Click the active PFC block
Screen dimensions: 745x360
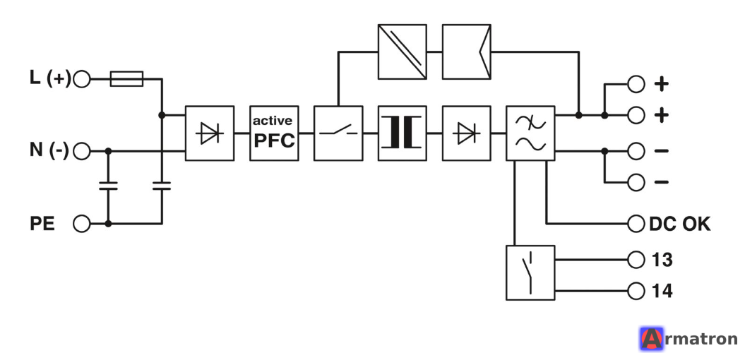(x=274, y=133)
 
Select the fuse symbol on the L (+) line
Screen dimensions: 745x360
(x=126, y=79)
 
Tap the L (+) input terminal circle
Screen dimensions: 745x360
(x=82, y=79)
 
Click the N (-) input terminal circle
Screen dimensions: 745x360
(x=82, y=151)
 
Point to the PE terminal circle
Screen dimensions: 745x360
(x=82, y=223)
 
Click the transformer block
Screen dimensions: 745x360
(x=402, y=133)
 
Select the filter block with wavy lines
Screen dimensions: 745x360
(x=530, y=133)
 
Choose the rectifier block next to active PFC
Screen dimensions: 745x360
(x=210, y=133)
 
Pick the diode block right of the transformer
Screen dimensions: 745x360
(x=466, y=133)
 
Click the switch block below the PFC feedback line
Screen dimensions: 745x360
(x=338, y=133)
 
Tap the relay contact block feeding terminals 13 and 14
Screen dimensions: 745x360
(x=530, y=272)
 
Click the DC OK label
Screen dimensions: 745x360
(x=679, y=224)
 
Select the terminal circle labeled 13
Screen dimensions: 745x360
(x=636, y=260)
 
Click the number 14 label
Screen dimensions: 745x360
(x=662, y=291)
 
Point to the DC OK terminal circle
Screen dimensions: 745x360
(x=636, y=223)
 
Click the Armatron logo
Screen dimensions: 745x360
(x=689, y=339)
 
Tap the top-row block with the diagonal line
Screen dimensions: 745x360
(x=402, y=52)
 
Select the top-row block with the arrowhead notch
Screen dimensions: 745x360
(x=466, y=52)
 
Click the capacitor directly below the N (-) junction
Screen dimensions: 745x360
(x=108, y=186)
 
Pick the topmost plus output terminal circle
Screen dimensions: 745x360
(x=636, y=84)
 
